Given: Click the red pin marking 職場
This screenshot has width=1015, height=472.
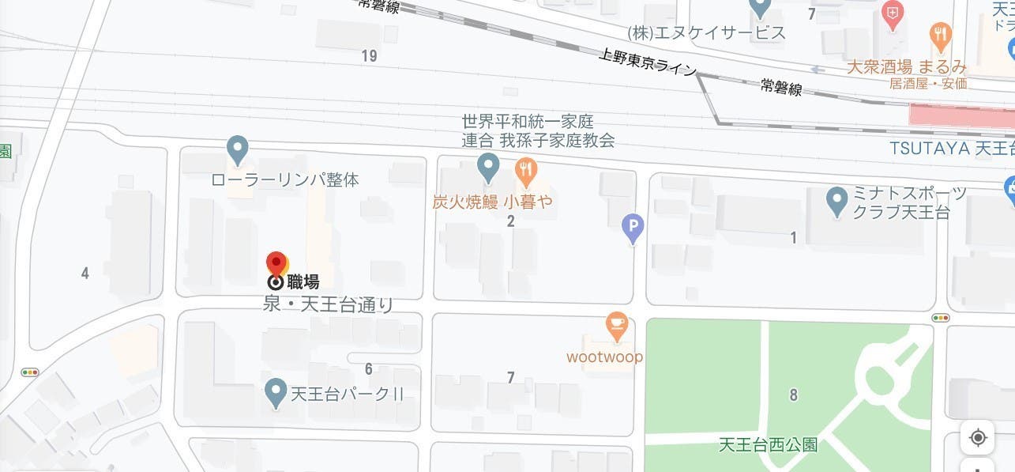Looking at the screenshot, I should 276,262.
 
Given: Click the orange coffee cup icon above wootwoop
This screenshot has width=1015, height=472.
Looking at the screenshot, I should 616,324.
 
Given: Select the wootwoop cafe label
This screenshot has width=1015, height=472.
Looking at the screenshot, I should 604,357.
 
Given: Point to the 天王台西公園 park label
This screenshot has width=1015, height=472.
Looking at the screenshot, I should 768,445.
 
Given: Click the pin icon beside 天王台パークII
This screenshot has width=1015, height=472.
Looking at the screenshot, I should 275,391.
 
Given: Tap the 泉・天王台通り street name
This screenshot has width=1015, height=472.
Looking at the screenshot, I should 328,305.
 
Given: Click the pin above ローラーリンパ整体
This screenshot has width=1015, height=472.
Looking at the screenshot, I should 238,149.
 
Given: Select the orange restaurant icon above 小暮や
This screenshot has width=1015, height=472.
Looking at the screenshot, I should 526,168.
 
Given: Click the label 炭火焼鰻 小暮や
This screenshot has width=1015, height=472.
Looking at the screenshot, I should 492,202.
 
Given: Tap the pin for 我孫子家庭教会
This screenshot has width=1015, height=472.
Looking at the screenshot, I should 489,167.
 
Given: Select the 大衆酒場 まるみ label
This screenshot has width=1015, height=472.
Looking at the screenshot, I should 906,67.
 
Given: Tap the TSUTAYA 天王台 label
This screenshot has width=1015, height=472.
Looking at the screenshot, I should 951,149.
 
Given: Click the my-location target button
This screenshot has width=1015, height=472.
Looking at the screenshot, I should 978,437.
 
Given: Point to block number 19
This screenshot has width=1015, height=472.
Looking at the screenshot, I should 369,55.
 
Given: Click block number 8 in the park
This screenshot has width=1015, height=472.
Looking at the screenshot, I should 794,395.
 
